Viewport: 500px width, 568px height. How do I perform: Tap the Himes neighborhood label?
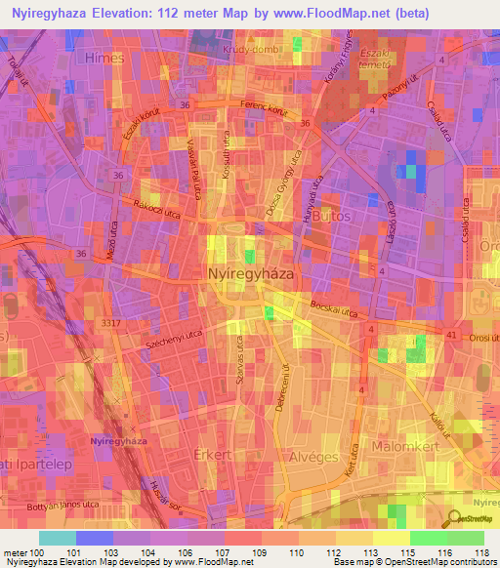[x=104, y=59]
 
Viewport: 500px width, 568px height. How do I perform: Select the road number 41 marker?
[x=450, y=336]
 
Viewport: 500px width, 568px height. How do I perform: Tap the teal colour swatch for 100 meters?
[x=57, y=538]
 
